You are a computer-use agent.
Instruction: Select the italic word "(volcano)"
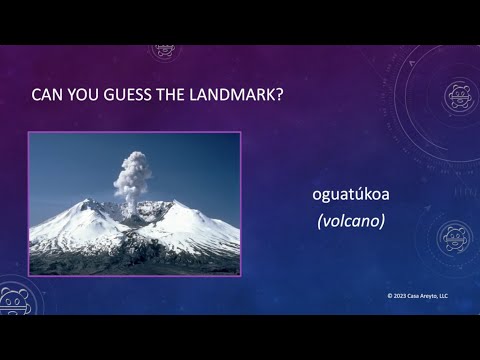[351, 222]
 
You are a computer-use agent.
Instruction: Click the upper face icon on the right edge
[459, 95]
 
